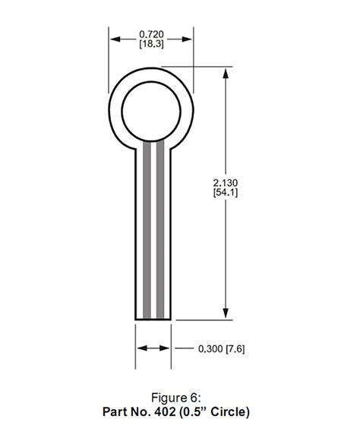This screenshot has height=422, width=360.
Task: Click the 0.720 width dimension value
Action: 153,34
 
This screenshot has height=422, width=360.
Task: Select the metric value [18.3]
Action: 153,45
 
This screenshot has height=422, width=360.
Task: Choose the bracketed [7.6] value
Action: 236,349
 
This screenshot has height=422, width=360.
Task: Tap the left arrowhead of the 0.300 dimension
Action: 140,349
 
